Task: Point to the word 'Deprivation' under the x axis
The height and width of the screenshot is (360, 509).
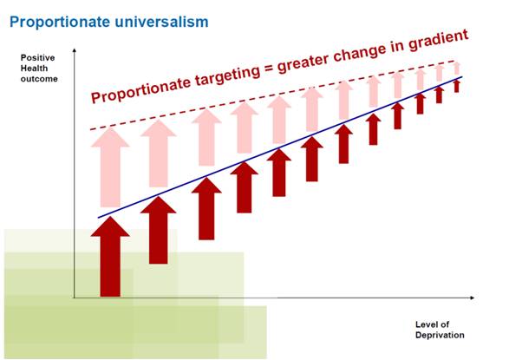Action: [x=440, y=336]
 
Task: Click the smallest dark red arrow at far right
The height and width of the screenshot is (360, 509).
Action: [x=456, y=86]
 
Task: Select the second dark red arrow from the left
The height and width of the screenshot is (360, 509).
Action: [x=158, y=230]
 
